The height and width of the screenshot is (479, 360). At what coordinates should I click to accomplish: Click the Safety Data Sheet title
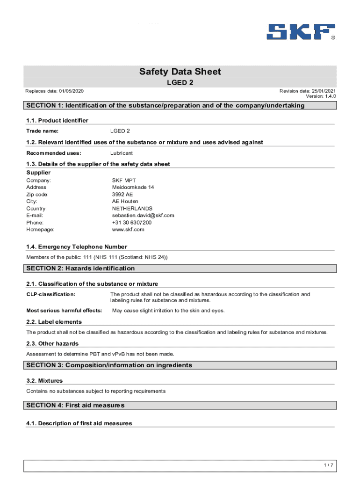click(x=180, y=72)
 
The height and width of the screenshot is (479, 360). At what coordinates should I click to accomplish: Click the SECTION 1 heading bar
click(x=180, y=106)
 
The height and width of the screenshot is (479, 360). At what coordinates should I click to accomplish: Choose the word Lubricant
click(x=122, y=153)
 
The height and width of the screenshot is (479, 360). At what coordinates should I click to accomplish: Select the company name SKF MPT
click(x=124, y=180)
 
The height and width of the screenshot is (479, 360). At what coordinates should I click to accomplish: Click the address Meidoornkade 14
click(x=133, y=187)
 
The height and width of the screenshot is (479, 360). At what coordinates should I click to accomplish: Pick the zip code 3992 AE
click(x=122, y=194)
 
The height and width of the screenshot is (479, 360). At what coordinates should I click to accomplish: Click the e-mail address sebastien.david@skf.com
click(x=143, y=215)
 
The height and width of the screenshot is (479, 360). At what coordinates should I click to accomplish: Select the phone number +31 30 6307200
click(x=131, y=223)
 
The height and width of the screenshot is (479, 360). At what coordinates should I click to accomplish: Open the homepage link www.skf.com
click(x=128, y=230)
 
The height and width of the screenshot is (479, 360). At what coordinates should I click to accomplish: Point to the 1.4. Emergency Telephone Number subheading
click(x=77, y=247)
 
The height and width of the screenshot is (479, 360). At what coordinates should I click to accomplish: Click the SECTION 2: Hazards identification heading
click(x=80, y=269)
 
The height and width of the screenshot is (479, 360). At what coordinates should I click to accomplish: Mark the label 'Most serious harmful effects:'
click(x=64, y=311)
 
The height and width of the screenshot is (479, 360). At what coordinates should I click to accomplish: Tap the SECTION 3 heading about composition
click(x=109, y=365)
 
